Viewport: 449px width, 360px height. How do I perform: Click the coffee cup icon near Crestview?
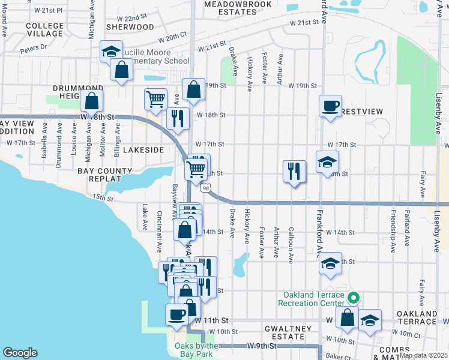330,107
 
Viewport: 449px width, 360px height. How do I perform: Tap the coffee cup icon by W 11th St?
177,314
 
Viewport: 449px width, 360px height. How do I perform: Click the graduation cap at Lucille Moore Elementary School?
111,52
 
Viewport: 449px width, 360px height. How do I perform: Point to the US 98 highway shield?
206,188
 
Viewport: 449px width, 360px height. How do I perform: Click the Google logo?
20,353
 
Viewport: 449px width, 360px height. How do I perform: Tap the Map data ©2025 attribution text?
423,355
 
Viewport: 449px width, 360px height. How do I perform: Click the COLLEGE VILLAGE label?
45,30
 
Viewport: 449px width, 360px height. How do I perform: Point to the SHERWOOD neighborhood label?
130,27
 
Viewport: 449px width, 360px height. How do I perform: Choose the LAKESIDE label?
143,149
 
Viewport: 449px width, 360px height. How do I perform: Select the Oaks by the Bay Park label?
196,350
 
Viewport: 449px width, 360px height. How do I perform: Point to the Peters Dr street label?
34,47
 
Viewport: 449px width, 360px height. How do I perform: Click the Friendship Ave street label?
393,225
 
